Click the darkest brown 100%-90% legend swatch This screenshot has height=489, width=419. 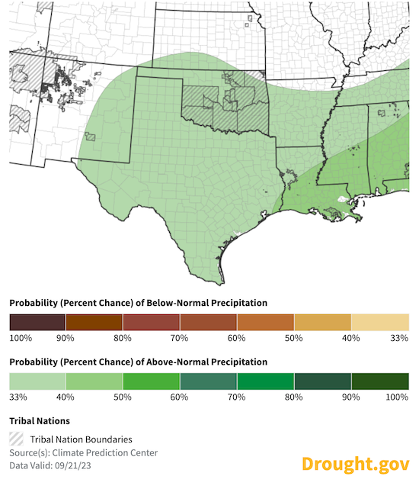pos(37,322)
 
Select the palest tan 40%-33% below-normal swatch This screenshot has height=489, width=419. pos(380,322)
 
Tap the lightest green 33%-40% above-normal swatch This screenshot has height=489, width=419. pos(37,381)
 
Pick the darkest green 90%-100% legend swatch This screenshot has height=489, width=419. pos(380,381)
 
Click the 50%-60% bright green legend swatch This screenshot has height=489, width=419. pos(152,381)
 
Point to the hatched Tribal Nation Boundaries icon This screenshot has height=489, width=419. pos(17,439)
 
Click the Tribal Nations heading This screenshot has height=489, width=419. pos(40,420)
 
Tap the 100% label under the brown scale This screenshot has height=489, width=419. pos(20,337)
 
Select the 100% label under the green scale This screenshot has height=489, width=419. pos(398,396)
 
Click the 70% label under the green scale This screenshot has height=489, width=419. pos(238,396)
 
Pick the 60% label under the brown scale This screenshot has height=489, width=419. pos(238,337)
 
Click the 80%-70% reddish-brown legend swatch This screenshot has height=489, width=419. pos(152,322)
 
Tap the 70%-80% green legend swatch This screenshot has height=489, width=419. pos(266,381)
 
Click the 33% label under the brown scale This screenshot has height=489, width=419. pos(400,337)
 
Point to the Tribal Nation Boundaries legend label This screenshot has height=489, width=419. pos(82,439)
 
